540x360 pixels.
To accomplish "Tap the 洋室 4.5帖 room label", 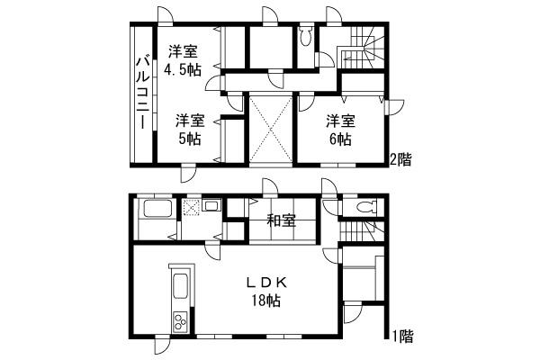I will (x=183, y=61).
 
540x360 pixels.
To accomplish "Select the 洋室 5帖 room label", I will (x=189, y=129).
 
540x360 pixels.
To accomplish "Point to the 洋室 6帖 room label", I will (x=339, y=129).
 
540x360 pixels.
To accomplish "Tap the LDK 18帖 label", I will (x=267, y=291).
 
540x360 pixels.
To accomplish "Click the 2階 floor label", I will (x=400, y=160).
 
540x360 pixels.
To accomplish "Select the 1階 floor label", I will (x=402, y=337).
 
